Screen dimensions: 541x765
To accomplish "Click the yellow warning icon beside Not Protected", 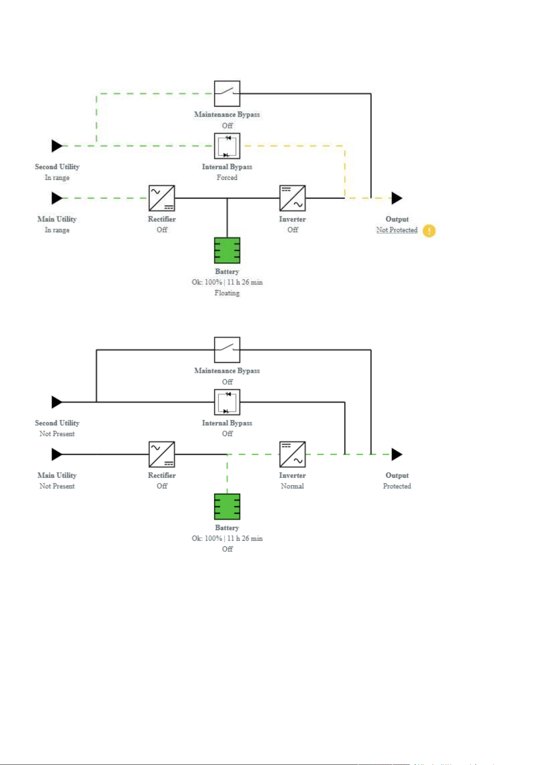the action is [429, 231].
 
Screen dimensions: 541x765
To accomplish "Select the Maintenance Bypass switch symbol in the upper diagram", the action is [227, 94].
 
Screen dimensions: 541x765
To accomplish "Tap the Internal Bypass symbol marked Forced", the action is [227, 146].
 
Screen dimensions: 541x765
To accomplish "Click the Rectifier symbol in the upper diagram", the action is [162, 198].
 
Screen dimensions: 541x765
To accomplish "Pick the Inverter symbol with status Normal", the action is [293, 454].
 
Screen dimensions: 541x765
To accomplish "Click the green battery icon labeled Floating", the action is [227, 251].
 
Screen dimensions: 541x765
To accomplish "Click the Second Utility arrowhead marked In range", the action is [57, 146].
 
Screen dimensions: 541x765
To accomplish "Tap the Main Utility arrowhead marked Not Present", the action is [57, 454].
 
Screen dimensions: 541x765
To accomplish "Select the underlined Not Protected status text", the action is [397, 230].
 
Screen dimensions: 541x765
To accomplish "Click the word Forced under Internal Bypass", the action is [227, 178].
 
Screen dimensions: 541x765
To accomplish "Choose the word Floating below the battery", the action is [227, 293].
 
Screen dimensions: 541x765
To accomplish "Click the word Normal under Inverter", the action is [293, 486].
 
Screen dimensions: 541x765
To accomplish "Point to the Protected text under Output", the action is [397, 486].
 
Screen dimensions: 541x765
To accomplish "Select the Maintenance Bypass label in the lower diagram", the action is [227, 371].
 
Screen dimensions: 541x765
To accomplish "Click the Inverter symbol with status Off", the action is [293, 198].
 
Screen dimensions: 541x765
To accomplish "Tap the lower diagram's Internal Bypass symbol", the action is [227, 402].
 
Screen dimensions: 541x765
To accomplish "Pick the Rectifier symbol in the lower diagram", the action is [162, 454].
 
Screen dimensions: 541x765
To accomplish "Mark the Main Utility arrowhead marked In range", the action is [57, 198].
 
